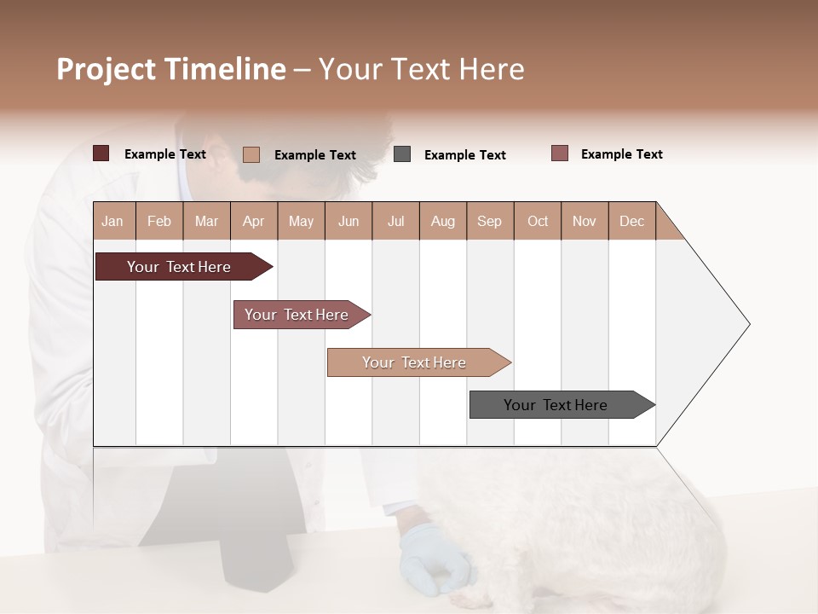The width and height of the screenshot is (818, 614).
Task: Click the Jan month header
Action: [x=113, y=222]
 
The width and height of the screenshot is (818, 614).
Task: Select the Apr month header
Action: [x=254, y=222]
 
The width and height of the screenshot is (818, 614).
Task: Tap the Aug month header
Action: [x=442, y=222]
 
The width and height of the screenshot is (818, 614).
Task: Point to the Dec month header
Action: [x=631, y=222]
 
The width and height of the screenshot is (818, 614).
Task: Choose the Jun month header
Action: [x=349, y=222]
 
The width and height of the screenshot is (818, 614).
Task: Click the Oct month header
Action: [x=537, y=222]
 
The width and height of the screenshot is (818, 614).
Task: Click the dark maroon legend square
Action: [x=101, y=153]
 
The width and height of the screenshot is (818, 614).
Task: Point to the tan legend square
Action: [x=251, y=154]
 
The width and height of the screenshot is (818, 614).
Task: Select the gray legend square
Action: [x=402, y=154]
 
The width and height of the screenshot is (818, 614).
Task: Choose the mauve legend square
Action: [x=560, y=153]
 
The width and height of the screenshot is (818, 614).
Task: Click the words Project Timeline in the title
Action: [x=171, y=69]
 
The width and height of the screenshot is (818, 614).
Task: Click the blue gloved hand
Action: [x=435, y=559]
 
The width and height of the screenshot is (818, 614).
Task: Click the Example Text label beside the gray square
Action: [x=464, y=155]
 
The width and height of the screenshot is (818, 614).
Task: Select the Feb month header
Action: [x=159, y=222]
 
